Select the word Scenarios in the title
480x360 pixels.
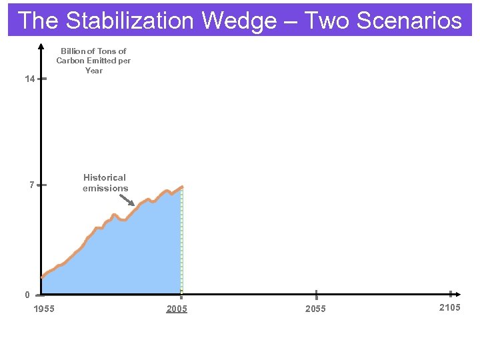tap(409, 21)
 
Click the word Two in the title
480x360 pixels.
tap(327, 21)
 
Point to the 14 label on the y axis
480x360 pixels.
tap(29, 79)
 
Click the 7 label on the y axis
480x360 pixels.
tap(31, 185)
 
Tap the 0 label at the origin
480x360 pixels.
tap(27, 295)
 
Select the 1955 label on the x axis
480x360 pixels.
tap(44, 309)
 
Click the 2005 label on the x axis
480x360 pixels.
tap(177, 309)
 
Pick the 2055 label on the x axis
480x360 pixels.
tap(315, 309)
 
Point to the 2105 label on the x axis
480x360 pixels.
tap(449, 307)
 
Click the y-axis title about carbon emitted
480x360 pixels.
tap(93, 61)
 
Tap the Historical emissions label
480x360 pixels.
tap(105, 183)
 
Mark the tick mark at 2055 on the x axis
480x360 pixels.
tap(316, 294)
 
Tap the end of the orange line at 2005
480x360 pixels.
tap(181, 187)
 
